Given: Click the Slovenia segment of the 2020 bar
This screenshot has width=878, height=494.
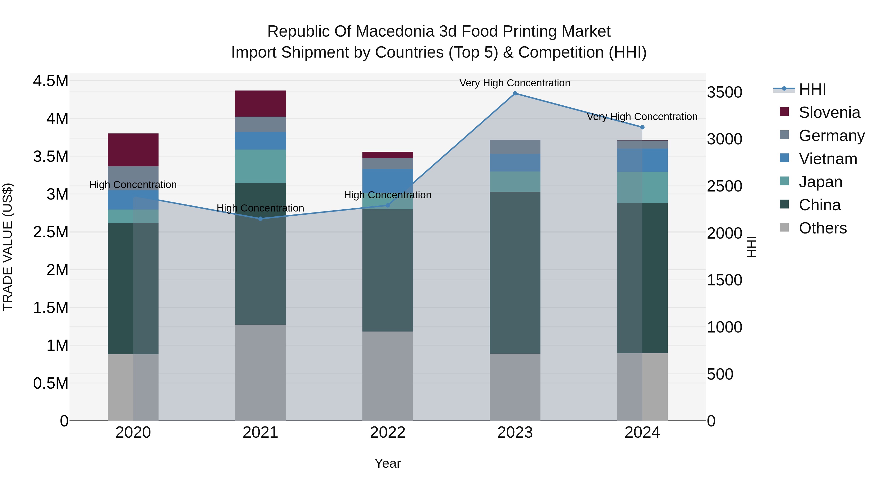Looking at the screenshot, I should [133, 150].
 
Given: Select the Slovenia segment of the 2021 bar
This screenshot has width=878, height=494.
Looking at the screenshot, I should [260, 103].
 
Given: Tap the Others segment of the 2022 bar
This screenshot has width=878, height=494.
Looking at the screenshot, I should [388, 376].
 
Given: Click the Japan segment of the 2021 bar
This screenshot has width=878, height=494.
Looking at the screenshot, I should [260, 166].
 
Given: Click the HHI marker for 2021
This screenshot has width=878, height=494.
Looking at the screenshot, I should [260, 219].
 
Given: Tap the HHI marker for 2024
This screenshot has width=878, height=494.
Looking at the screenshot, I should [642, 127].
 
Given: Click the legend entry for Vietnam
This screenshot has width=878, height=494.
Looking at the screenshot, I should [828, 159].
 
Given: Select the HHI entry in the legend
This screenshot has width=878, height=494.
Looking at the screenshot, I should [812, 89].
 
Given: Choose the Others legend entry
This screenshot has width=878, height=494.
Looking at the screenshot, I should [822, 228].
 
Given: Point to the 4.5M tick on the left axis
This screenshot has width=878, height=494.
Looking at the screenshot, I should [50, 81].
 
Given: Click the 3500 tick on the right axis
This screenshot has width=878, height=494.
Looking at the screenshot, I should [724, 92].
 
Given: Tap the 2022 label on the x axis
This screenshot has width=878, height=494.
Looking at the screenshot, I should [388, 433].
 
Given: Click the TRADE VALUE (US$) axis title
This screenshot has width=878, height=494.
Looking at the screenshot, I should [8, 247].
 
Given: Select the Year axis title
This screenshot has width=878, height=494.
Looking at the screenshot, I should [388, 463].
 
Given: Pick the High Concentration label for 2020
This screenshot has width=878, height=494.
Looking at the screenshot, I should [133, 184].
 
